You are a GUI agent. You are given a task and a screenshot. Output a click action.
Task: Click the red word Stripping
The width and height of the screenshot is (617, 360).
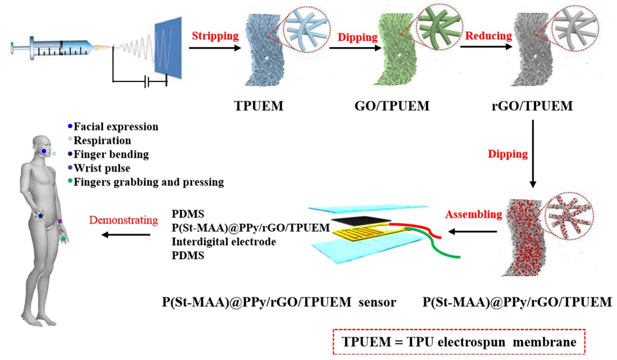pos(215,37)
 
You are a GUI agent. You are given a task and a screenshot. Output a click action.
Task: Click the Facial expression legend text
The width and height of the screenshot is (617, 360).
pos(116,126)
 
